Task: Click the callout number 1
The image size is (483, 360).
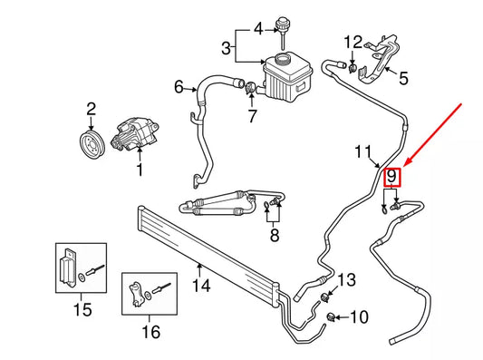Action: click(140, 169)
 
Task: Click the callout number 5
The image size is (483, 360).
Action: click(403, 79)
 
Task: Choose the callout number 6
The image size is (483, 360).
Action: click(179, 88)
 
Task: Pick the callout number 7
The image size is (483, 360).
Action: click(253, 116)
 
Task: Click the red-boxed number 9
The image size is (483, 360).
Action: click(391, 176)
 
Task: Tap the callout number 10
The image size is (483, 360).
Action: click(360, 317)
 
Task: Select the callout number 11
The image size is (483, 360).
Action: click(363, 151)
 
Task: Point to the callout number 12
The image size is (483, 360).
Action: click(353, 41)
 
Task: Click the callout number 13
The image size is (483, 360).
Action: click(347, 278)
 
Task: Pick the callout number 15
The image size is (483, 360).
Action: click(82, 311)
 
